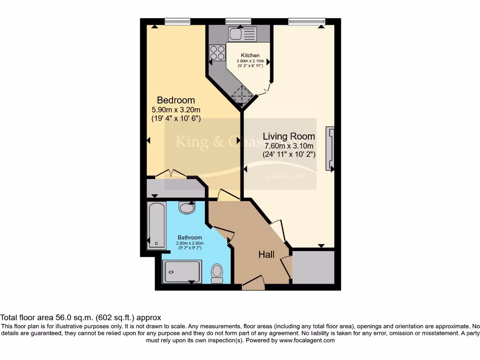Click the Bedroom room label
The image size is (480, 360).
[x=176, y=100]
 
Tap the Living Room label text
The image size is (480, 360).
[x=289, y=136]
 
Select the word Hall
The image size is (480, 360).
[x=266, y=255]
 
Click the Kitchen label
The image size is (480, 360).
[x=250, y=55]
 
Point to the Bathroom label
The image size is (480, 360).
[x=190, y=238]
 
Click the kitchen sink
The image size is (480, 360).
[x=242, y=34]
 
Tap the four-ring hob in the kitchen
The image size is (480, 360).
[x=217, y=52]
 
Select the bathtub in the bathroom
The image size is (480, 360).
[x=156, y=225]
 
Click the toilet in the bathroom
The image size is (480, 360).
[x=217, y=273]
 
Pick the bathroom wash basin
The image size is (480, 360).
[x=187, y=207]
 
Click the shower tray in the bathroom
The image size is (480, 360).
[x=182, y=271]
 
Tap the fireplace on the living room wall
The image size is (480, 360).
[x=330, y=149]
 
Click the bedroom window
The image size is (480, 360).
[x=178, y=21]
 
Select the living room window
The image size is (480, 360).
[x=307, y=21]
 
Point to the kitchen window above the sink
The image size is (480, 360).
[x=238, y=21]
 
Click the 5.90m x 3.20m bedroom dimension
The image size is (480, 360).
[x=176, y=110]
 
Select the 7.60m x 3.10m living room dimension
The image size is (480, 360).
[x=289, y=146]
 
